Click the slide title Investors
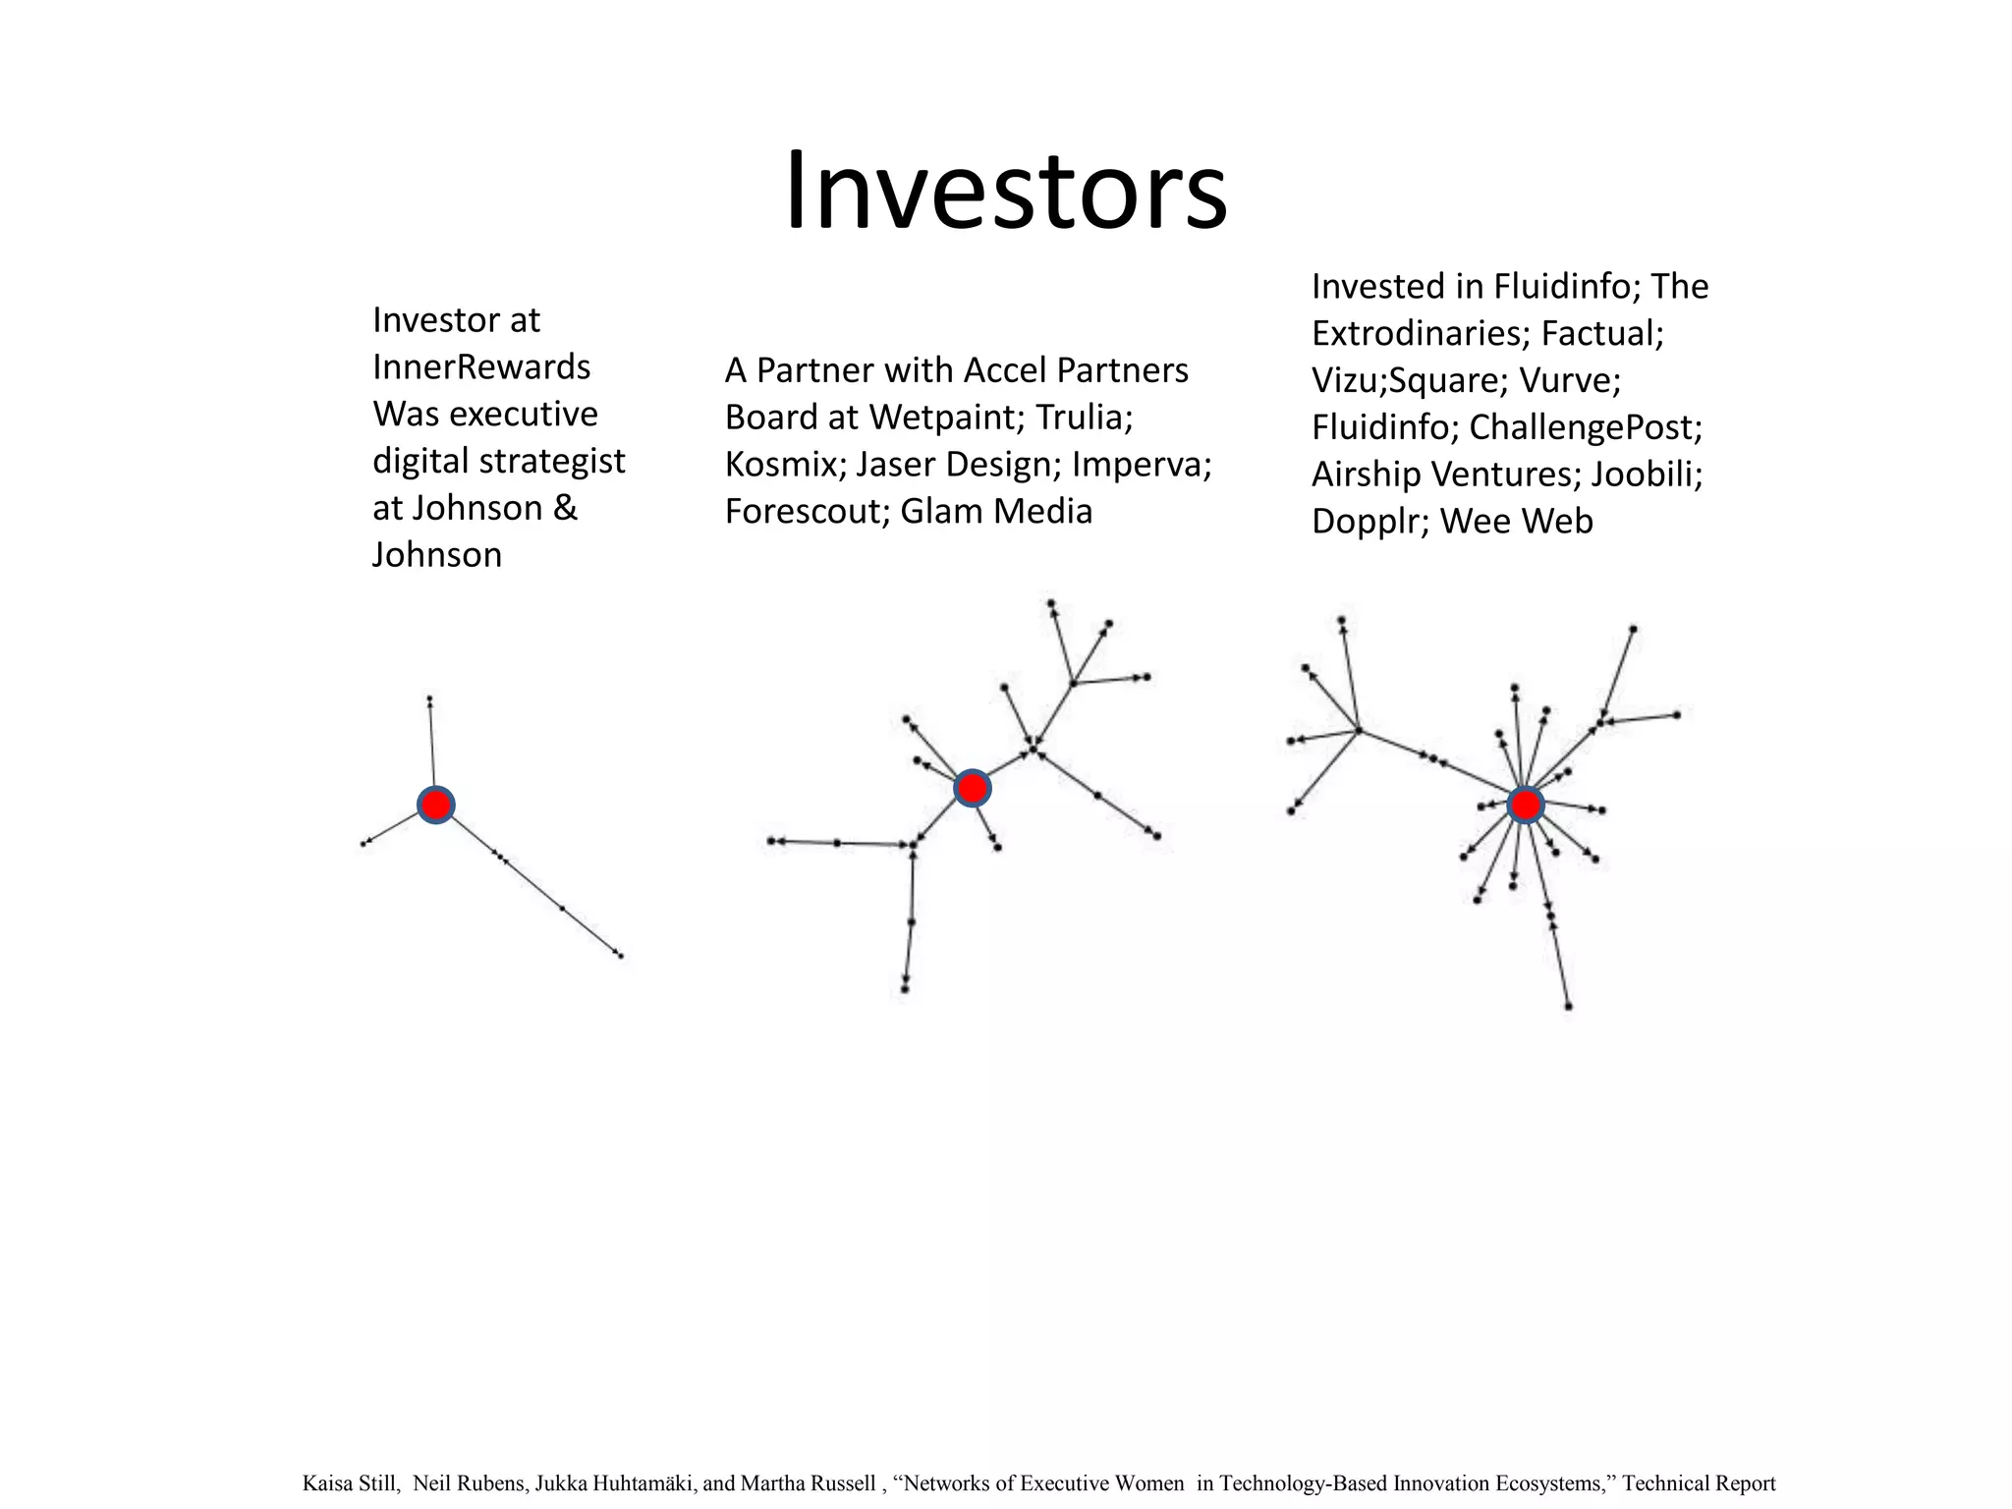pos(1005,191)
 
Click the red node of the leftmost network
pos(435,806)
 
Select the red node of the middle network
pos(972,788)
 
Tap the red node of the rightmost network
pos(1525,806)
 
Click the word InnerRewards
pos(481,367)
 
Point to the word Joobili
pos(1646,475)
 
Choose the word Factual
pos(1601,334)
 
